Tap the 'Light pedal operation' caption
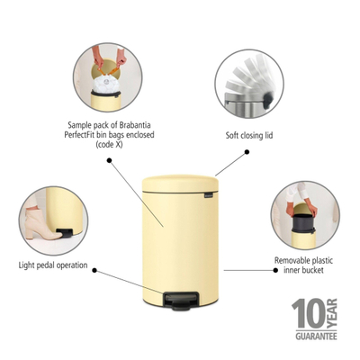click(56, 265)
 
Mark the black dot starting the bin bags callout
click(110, 162)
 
